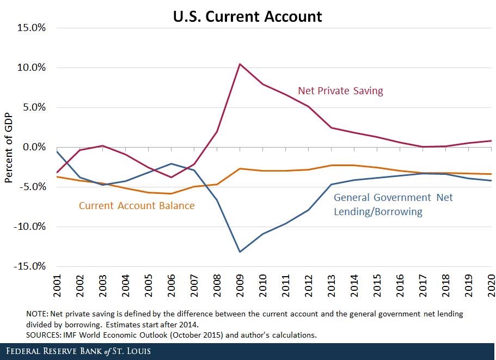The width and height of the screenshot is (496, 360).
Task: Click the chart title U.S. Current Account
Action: (x=248, y=16)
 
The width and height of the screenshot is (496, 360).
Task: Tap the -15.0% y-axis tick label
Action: (x=30, y=266)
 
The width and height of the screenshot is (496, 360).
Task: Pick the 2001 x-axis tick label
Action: (x=56, y=286)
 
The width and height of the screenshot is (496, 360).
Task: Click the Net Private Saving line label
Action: (x=340, y=91)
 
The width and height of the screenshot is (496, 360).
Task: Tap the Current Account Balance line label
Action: (x=137, y=206)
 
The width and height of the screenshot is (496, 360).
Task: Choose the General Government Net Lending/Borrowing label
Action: (x=393, y=204)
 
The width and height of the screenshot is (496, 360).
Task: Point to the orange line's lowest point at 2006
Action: (x=170, y=193)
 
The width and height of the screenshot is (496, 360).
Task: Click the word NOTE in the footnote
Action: (x=36, y=314)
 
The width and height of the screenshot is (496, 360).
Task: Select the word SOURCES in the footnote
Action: (x=44, y=334)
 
